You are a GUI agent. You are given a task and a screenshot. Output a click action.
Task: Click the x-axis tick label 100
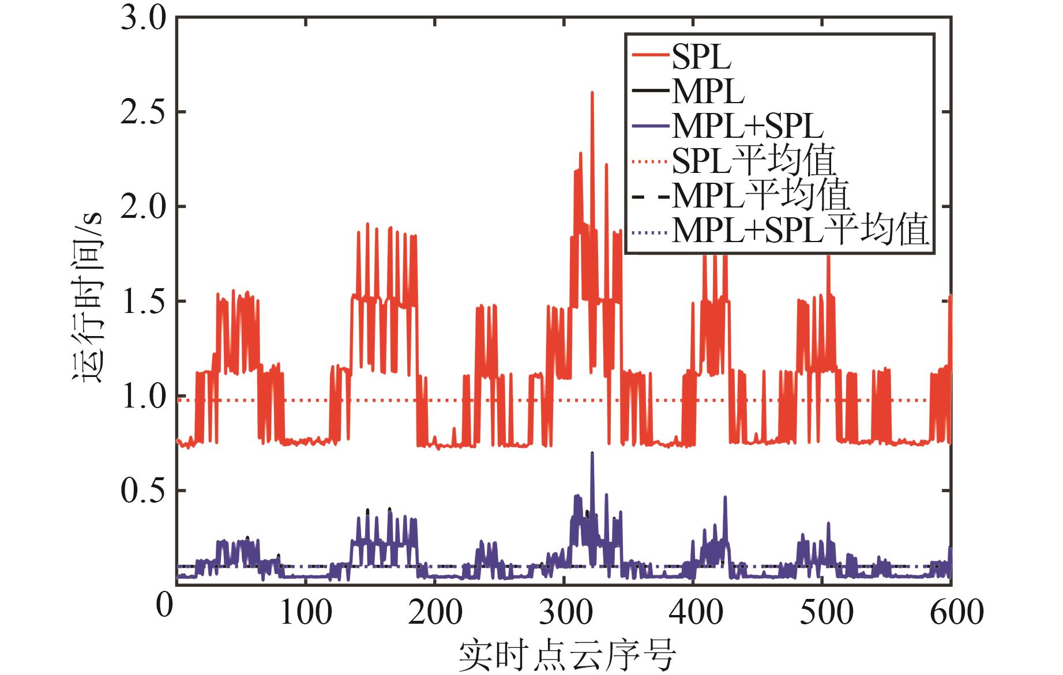(x=306, y=612)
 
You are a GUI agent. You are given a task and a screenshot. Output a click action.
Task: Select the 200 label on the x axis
(x=435, y=612)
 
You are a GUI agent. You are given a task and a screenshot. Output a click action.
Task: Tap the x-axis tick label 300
(x=566, y=612)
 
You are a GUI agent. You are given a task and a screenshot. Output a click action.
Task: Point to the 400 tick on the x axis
(x=696, y=612)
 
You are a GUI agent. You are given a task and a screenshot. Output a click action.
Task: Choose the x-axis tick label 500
(x=826, y=612)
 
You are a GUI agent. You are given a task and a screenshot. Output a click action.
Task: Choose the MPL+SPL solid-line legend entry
(x=748, y=125)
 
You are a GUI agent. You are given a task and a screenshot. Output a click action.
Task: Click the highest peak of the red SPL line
(x=592, y=93)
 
